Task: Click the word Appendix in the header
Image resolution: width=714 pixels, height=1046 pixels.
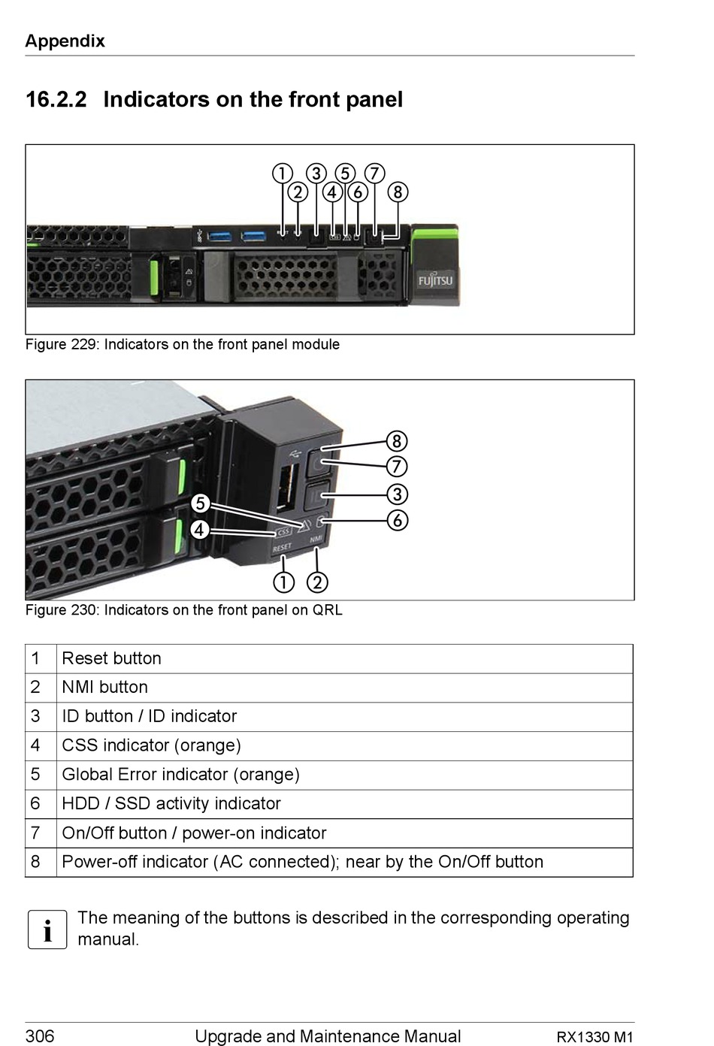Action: pos(65,41)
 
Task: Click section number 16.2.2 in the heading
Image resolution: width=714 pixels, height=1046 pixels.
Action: pos(56,99)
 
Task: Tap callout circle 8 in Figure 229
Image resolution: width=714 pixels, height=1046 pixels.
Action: pos(398,192)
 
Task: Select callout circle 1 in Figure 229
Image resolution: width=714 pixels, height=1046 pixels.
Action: pos(283,174)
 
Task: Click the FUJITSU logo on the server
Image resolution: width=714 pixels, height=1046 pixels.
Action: pos(435,280)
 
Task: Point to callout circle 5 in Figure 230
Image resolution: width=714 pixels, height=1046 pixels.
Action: pos(201,503)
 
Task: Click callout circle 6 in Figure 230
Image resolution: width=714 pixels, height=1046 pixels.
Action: pos(398,520)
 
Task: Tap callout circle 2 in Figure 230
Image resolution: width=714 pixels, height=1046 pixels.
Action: pos(317,583)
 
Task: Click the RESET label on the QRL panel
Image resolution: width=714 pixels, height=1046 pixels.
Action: pos(282,547)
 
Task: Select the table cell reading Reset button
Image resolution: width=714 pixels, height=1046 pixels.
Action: pos(345,659)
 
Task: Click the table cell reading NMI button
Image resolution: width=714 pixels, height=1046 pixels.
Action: pos(345,688)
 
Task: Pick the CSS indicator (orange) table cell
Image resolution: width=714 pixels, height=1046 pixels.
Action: pos(345,745)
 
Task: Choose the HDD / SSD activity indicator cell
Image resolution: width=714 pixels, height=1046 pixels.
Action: pos(345,804)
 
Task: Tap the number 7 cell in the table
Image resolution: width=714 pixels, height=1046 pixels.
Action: pos(41,833)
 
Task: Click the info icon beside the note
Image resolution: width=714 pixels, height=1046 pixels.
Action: pos(47,930)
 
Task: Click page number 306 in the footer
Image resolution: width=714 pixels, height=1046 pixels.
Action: pos(40,1036)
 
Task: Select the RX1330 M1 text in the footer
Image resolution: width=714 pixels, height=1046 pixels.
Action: pos(594,1037)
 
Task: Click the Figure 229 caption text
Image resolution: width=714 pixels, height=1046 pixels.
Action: pos(183,345)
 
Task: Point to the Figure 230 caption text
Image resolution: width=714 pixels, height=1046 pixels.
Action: pos(184,610)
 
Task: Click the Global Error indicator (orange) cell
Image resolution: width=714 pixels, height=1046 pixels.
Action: pos(345,775)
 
